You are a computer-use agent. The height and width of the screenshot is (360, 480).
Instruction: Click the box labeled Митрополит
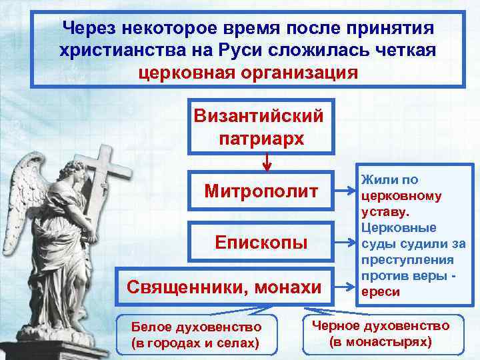(261, 193)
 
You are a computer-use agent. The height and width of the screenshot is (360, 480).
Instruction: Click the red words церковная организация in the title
(247, 71)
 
